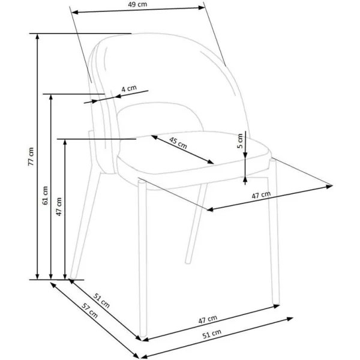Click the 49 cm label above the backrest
(x=137, y=4)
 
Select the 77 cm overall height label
(x=31, y=157)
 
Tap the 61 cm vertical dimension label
(x=45, y=196)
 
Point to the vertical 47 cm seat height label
(x=59, y=206)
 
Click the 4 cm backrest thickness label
(x=129, y=88)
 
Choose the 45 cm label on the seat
(x=178, y=143)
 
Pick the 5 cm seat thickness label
(x=239, y=141)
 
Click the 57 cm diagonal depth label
(x=90, y=310)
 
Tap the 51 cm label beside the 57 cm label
(x=101, y=301)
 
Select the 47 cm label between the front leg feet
(x=208, y=319)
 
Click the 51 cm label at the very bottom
(x=212, y=334)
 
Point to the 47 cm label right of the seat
(x=261, y=195)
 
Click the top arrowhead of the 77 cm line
(x=37, y=37)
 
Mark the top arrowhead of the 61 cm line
(x=51, y=97)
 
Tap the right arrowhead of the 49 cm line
(x=202, y=8)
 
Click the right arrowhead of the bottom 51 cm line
(x=290, y=319)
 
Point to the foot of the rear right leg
(x=188, y=262)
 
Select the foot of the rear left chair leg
(x=73, y=276)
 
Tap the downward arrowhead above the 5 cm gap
(x=245, y=155)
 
